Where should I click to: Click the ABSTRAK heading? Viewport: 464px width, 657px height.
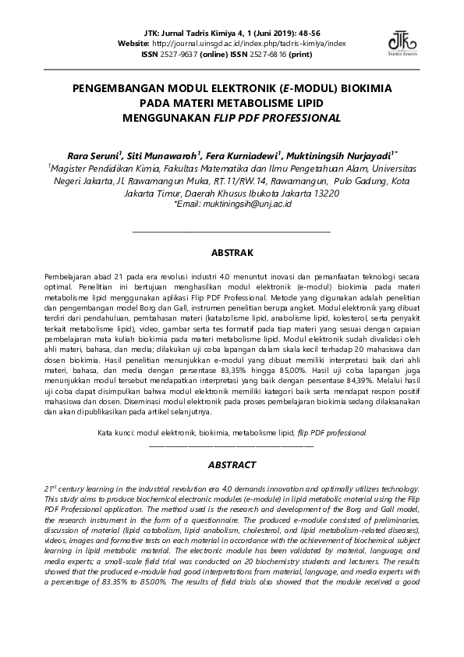[232, 253]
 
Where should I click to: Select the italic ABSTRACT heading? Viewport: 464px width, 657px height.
[232, 464]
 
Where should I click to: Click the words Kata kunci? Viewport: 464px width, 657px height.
[115, 431]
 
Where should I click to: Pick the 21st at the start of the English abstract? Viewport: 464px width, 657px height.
[52, 487]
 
